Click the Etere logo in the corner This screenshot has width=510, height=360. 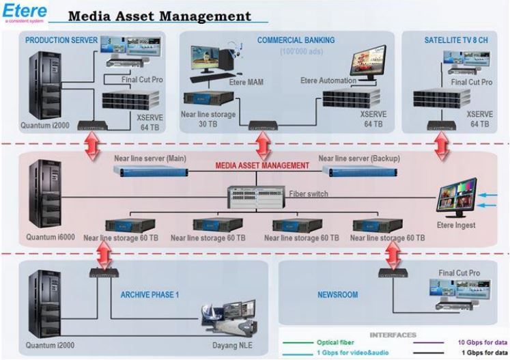click(25, 12)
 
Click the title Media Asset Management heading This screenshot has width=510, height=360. click(160, 16)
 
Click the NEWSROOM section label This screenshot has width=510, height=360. click(337, 295)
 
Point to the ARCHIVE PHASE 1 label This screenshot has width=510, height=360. click(150, 295)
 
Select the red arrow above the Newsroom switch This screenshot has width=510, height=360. click(393, 254)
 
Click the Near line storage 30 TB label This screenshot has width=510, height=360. click(208, 120)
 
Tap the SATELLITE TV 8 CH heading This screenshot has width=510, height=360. click(457, 40)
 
